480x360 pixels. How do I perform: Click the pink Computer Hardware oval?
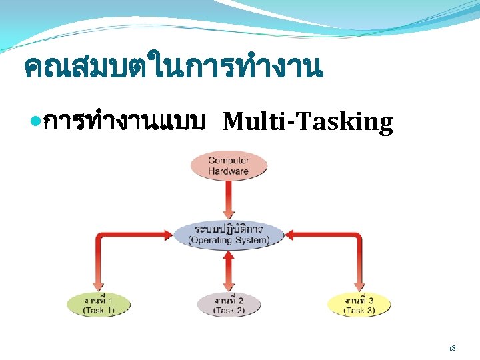pos(229,165)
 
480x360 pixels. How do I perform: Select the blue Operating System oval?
pos(229,235)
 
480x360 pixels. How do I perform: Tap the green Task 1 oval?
pos(99,305)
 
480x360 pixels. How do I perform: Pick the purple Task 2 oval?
pos(229,305)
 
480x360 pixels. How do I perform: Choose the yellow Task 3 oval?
pos(359,305)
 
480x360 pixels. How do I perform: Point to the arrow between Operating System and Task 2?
pos(229,271)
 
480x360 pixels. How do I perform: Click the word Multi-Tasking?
pos(307,122)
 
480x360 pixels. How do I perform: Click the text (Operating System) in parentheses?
pos(229,240)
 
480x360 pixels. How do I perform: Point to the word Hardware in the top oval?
pos(229,171)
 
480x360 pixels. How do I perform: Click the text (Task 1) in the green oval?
pos(99,311)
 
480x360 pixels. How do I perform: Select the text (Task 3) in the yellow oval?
pos(359,311)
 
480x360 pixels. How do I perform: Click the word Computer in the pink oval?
pos(229,160)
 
